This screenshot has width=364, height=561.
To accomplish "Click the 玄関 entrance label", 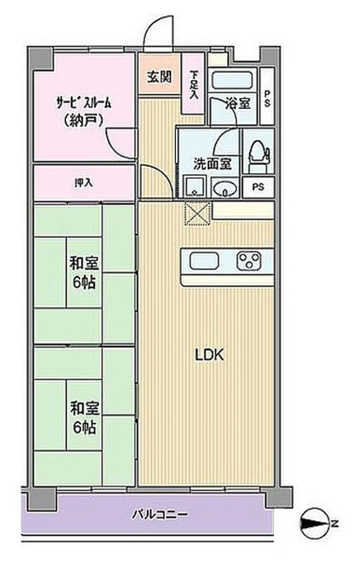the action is tap(159, 77).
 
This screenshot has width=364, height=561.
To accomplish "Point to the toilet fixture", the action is tap(257, 154).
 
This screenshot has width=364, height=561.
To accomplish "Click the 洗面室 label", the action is tap(213, 163).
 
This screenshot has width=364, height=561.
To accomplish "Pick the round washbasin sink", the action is tap(225, 187).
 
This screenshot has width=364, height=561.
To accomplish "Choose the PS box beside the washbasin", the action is tap(258, 187).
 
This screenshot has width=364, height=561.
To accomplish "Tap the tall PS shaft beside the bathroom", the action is tap(267, 96).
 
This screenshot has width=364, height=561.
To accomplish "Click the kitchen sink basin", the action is tap(204, 261).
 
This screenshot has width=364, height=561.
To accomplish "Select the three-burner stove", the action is tap(248, 261).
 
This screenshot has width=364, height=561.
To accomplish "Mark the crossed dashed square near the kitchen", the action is tap(196, 214).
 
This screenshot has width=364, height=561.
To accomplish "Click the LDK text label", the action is tap(210, 355).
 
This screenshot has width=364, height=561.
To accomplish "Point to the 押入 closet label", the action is tap(83, 182).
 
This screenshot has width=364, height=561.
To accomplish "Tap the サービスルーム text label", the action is tap(83, 102).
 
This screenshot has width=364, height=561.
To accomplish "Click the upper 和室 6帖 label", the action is tap(83, 272).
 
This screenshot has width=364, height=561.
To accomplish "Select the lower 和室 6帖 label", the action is tap(83, 417).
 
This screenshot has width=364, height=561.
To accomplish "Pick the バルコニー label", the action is tap(159, 515).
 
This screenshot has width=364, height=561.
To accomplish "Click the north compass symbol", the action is tap(316, 525).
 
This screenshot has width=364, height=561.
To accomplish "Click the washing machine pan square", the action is tap(195, 186).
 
